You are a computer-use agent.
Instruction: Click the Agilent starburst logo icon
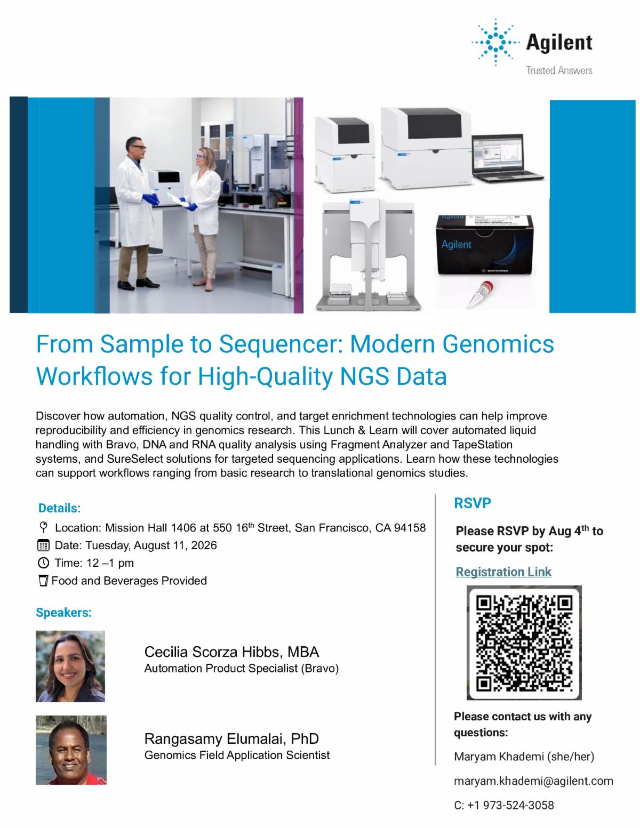click(495, 42)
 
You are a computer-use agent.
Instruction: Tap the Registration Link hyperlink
click(503, 572)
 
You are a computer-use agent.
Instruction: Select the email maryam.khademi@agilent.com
click(533, 781)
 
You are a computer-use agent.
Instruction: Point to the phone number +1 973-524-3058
click(510, 805)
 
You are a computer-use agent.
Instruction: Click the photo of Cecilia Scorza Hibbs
click(70, 666)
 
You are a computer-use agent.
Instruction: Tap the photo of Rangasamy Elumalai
click(71, 750)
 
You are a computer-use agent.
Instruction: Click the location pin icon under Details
click(43, 527)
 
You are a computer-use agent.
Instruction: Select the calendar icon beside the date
click(43, 545)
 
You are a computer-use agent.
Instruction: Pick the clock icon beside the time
click(43, 563)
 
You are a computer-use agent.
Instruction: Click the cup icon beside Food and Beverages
click(43, 581)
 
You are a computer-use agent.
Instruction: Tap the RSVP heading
click(473, 503)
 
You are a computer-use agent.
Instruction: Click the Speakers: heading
click(63, 612)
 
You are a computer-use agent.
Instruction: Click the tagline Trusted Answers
click(559, 70)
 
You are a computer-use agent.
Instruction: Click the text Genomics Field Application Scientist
click(237, 755)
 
